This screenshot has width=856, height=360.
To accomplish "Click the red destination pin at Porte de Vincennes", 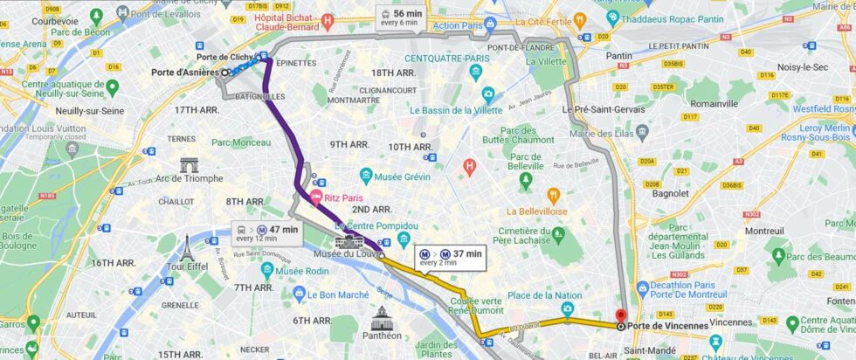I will [621, 317].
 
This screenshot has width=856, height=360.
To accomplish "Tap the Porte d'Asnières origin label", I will [185, 73].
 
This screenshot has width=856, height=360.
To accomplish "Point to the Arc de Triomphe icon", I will [190, 164].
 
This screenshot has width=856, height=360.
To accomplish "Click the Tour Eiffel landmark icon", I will [185, 247].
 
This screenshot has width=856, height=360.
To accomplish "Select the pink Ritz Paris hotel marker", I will [316, 197].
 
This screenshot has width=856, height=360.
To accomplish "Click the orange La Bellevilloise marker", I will [552, 195].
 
